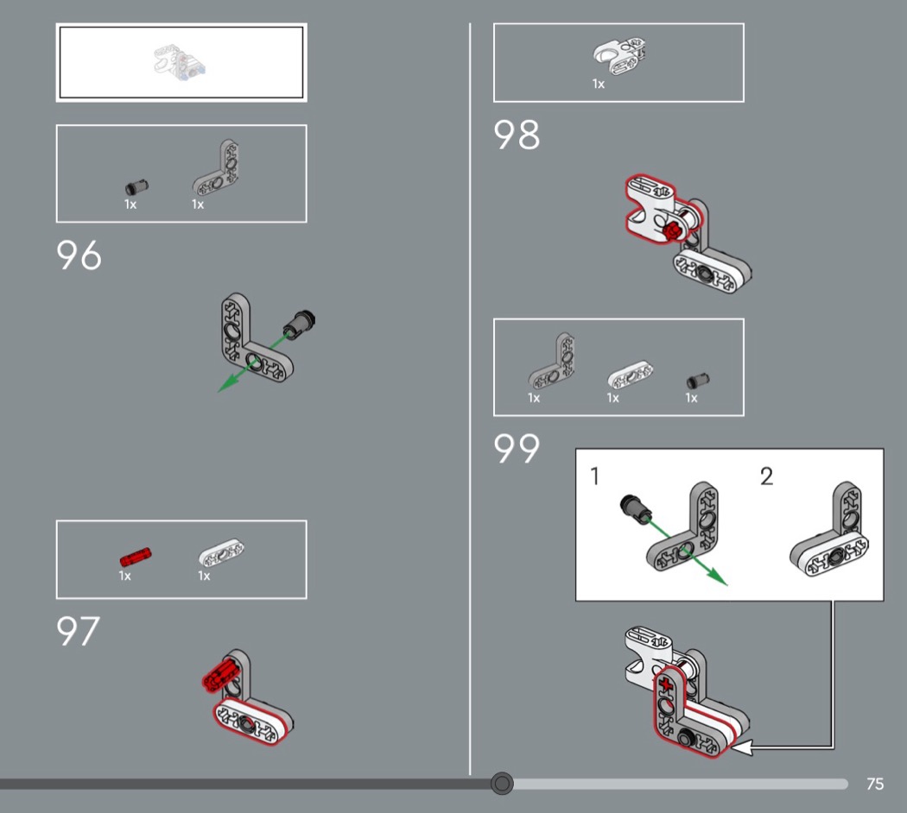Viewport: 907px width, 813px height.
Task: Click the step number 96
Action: [79, 255]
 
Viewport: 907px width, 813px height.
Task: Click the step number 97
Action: [78, 632]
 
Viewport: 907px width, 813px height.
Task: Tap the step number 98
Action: [517, 135]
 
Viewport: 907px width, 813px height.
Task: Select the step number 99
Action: [517, 449]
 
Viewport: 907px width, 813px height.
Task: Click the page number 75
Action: [874, 784]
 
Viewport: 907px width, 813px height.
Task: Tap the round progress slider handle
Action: [502, 784]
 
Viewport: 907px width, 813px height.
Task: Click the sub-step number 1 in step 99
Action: [595, 476]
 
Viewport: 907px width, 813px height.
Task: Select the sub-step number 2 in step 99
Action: [766, 476]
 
